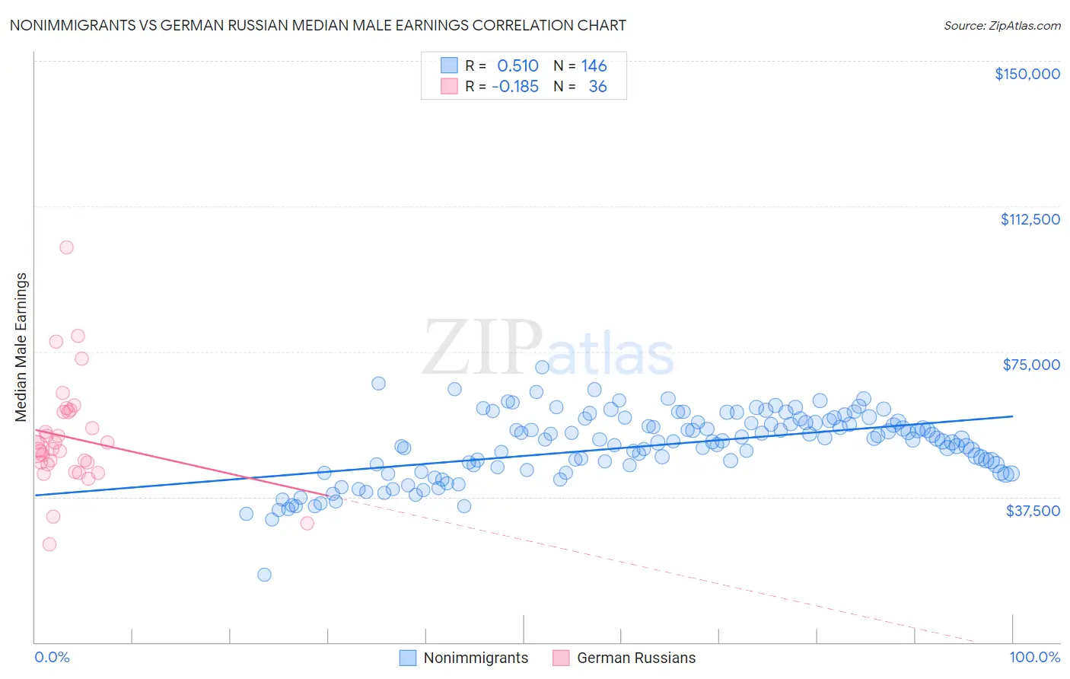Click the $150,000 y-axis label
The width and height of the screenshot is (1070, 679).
click(x=1027, y=74)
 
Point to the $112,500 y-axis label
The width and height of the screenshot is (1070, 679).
click(x=1030, y=219)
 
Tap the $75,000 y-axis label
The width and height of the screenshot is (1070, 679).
click(x=1031, y=365)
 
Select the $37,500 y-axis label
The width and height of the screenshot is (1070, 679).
click(x=1033, y=511)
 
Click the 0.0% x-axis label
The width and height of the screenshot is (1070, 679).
click(x=52, y=657)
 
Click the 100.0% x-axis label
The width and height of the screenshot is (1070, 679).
click(x=1034, y=657)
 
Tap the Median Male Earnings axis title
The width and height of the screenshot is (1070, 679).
click(x=21, y=347)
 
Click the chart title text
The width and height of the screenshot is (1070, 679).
click(x=317, y=25)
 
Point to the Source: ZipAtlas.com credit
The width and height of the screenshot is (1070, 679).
click(x=1002, y=26)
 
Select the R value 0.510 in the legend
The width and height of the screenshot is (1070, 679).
click(x=517, y=66)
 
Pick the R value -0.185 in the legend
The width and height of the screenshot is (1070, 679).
click(x=515, y=87)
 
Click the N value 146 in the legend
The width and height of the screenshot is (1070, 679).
click(x=594, y=66)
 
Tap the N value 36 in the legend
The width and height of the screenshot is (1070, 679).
click(x=597, y=87)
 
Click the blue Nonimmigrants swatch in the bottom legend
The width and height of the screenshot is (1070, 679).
click(x=408, y=658)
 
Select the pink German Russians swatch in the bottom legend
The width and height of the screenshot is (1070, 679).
click(x=561, y=658)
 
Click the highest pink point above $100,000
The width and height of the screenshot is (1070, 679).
click(x=66, y=247)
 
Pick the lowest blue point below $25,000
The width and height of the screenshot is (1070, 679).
click(x=264, y=575)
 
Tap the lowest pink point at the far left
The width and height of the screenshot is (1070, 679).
click(x=49, y=544)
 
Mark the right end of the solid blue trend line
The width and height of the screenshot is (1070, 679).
click(x=1012, y=416)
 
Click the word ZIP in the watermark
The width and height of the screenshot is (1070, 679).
click(x=482, y=349)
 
